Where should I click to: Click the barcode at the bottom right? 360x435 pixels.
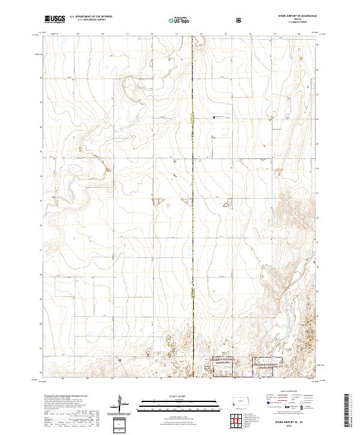(348, 414)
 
